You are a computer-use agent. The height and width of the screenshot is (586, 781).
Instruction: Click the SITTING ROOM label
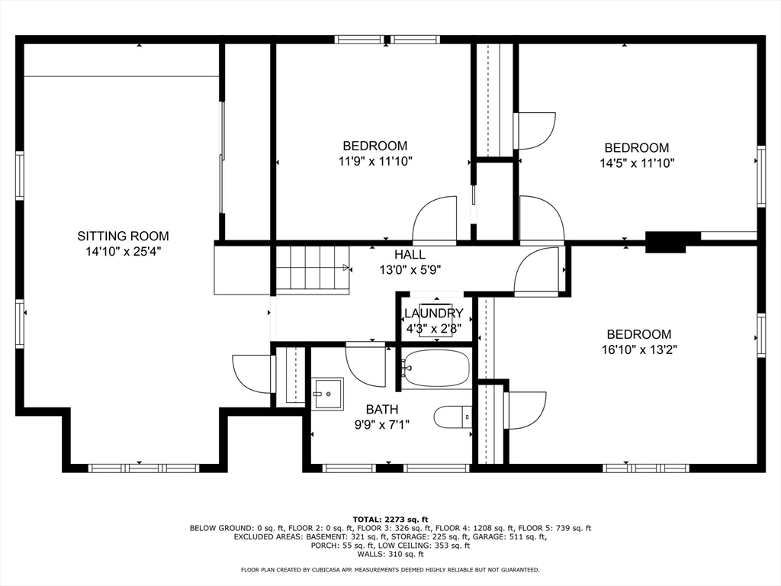(x=123, y=237)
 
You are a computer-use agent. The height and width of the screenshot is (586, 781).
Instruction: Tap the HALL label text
(x=410, y=255)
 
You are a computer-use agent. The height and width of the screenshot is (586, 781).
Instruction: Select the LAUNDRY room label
(x=434, y=314)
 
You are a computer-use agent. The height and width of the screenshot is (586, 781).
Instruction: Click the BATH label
(x=382, y=410)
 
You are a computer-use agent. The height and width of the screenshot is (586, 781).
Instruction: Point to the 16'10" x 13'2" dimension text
(x=639, y=349)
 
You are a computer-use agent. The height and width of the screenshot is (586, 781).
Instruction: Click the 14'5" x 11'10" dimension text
(x=637, y=163)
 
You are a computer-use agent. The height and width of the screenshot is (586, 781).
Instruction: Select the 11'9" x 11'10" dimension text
(x=375, y=162)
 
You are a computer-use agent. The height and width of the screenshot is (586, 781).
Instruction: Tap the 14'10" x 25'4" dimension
(x=123, y=252)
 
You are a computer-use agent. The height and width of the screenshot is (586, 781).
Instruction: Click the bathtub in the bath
(x=435, y=369)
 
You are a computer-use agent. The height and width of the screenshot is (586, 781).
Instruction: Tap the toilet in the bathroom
(x=453, y=417)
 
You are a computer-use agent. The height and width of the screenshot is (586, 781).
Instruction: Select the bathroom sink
(x=327, y=394)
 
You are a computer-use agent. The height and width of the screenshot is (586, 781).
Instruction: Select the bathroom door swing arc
(x=365, y=365)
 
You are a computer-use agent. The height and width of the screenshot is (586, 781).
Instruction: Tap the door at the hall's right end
(x=536, y=272)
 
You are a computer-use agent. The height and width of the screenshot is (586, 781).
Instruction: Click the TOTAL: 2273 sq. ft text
(x=390, y=520)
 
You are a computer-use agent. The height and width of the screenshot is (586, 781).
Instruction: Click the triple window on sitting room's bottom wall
(x=143, y=468)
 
